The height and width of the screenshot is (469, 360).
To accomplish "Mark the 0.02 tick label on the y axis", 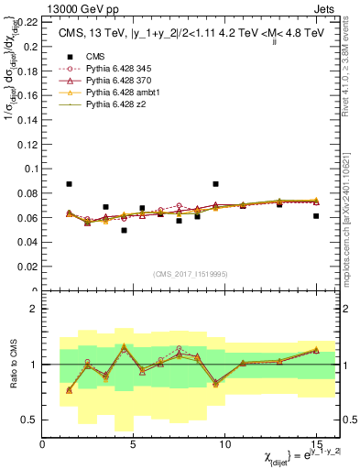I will coord(28,267).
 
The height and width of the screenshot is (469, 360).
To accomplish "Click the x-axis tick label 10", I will coord(225,443).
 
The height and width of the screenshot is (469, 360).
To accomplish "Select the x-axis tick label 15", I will coord(316,443).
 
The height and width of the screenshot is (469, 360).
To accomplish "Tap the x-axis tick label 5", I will coord(134,443).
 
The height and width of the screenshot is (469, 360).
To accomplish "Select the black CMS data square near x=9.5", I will coord(215,184).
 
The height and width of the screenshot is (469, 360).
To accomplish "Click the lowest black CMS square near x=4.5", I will coord(124,230).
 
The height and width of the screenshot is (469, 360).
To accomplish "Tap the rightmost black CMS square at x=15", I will coord(316,216).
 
